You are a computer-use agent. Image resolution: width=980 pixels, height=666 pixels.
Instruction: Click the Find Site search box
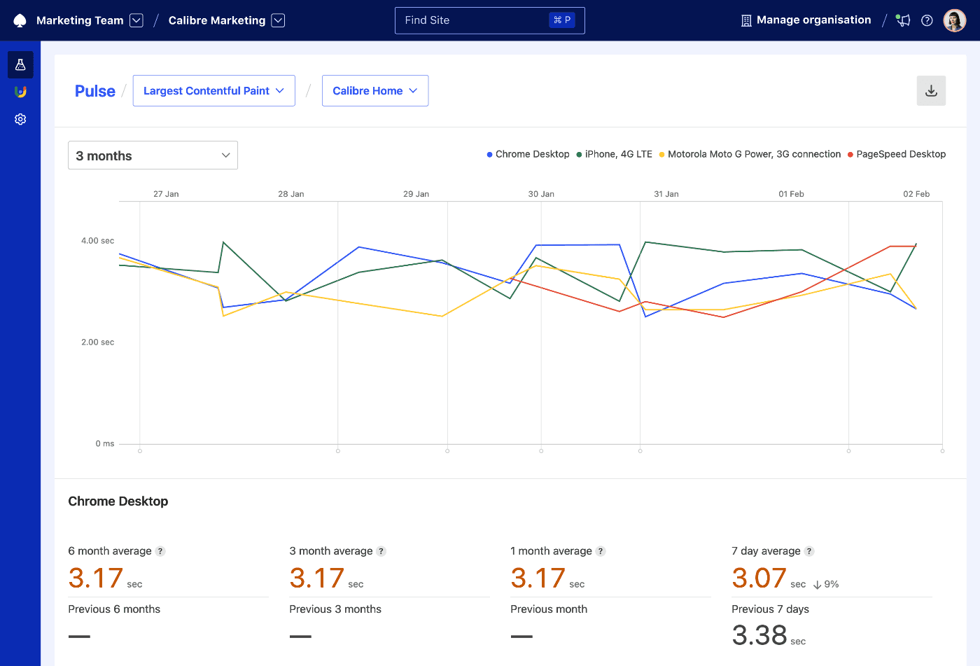coord(489,20)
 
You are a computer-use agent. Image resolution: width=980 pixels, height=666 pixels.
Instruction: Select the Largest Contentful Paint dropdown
coord(213,91)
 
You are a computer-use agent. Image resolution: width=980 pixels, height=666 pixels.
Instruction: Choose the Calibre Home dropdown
coord(374,91)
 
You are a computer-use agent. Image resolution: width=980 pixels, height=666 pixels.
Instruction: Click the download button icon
coord(931,91)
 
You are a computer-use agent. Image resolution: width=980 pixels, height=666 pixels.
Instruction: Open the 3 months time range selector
coord(153,155)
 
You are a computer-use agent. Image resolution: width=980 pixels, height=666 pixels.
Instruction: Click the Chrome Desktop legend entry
coord(528,154)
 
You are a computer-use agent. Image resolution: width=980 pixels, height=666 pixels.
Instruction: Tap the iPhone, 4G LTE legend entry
coord(615,154)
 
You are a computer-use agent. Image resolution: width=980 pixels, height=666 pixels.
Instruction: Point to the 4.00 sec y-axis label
coord(97,241)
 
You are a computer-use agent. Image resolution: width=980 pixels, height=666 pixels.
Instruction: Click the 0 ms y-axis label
coord(104,443)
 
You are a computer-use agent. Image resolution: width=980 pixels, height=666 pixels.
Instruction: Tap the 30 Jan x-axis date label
coord(541,194)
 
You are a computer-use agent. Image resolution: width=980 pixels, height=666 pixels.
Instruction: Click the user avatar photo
coord(954,20)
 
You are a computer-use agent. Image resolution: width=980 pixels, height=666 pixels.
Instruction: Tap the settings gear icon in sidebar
coord(20,119)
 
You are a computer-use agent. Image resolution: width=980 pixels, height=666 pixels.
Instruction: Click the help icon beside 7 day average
coord(809,551)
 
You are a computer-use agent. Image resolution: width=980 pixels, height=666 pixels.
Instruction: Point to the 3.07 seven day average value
coord(759,578)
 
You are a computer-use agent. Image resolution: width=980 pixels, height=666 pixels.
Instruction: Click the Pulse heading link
coord(95,91)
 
